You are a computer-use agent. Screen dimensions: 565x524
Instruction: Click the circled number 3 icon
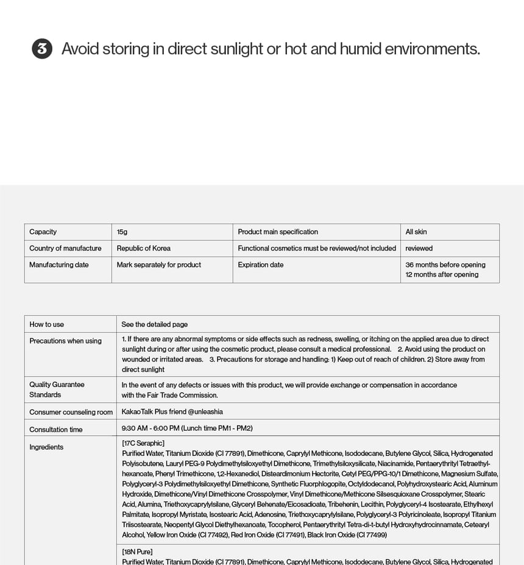[42, 49]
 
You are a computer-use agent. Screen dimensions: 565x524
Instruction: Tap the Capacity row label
[43, 232]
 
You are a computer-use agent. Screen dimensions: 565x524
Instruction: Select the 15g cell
[122, 232]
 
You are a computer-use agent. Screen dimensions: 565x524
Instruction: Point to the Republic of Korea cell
[143, 248]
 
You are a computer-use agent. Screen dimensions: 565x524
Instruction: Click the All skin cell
[416, 232]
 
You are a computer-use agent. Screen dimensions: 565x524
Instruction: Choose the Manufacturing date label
[58, 265]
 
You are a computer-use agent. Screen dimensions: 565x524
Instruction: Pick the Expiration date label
[260, 265]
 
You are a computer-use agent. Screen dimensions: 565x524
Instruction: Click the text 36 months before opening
[445, 265]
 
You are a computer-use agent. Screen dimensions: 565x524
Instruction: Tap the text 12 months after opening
[442, 274]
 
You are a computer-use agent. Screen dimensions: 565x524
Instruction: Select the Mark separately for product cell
[158, 265]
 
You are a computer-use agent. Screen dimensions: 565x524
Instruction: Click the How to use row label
[46, 324]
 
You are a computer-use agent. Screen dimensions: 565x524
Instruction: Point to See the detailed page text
[154, 324]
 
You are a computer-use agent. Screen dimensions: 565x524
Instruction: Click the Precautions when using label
[65, 341]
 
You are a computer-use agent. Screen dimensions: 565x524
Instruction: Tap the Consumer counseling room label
[71, 412]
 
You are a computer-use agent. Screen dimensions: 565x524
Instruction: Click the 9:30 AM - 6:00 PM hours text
[186, 428]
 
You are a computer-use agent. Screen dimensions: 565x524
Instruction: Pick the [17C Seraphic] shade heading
[143, 443]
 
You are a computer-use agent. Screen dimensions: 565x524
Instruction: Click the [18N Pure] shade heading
[137, 552]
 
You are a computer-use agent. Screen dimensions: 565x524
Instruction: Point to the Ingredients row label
[46, 447]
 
